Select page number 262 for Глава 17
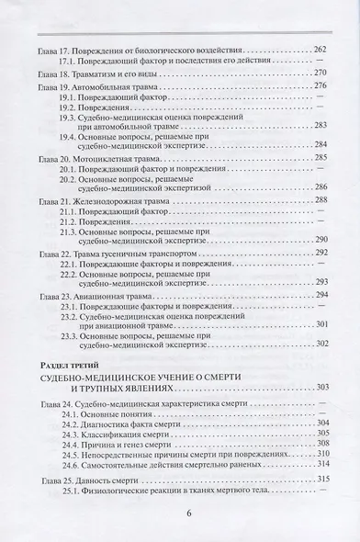(x=321, y=49)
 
